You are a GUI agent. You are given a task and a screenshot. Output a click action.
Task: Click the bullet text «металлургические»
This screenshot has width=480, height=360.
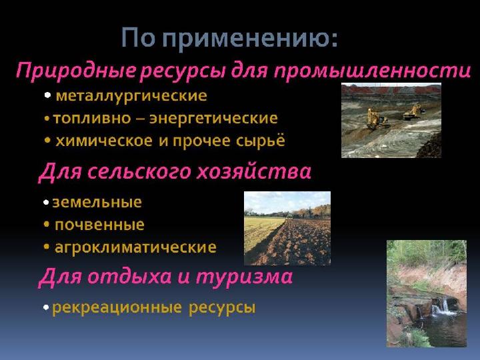131,96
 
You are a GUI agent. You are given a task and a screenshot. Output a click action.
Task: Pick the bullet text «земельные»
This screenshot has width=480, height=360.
98,202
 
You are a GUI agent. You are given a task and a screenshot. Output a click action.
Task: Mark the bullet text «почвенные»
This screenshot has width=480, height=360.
99,225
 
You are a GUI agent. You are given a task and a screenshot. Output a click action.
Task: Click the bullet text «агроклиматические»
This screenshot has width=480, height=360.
135,247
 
